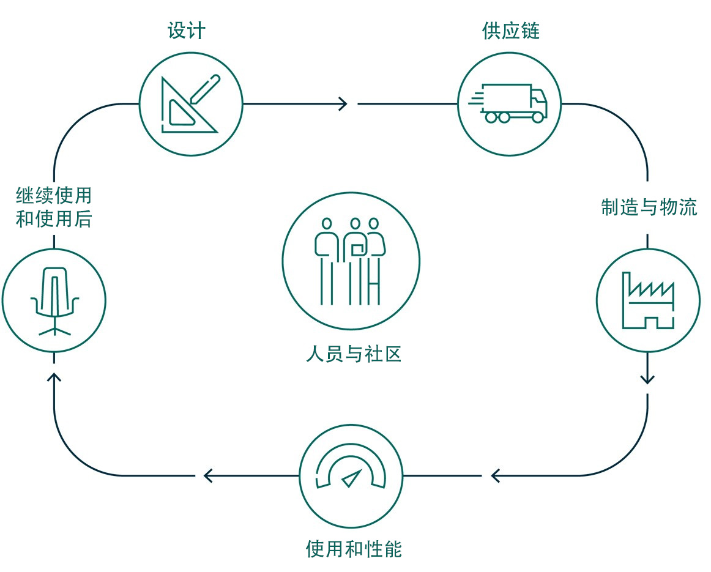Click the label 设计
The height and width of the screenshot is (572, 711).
tap(186, 31)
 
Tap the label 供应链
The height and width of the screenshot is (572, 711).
tap(510, 31)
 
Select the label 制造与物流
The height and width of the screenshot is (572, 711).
tap(649, 207)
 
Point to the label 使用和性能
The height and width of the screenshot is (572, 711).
tap(354, 549)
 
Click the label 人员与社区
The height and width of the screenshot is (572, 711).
tap(354, 354)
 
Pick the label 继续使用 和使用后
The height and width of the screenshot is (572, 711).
tap(54, 207)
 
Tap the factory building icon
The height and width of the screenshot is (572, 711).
tap(647, 300)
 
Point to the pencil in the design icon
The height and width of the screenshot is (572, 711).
tap(205, 89)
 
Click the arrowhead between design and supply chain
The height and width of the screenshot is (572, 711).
tap(343, 104)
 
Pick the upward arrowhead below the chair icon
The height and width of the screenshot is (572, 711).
tap(54, 379)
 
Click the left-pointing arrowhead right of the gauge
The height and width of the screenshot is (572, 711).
tap(496, 475)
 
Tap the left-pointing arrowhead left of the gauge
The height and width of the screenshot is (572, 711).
tap(208, 475)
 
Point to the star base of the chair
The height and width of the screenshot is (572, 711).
tap(54, 330)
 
